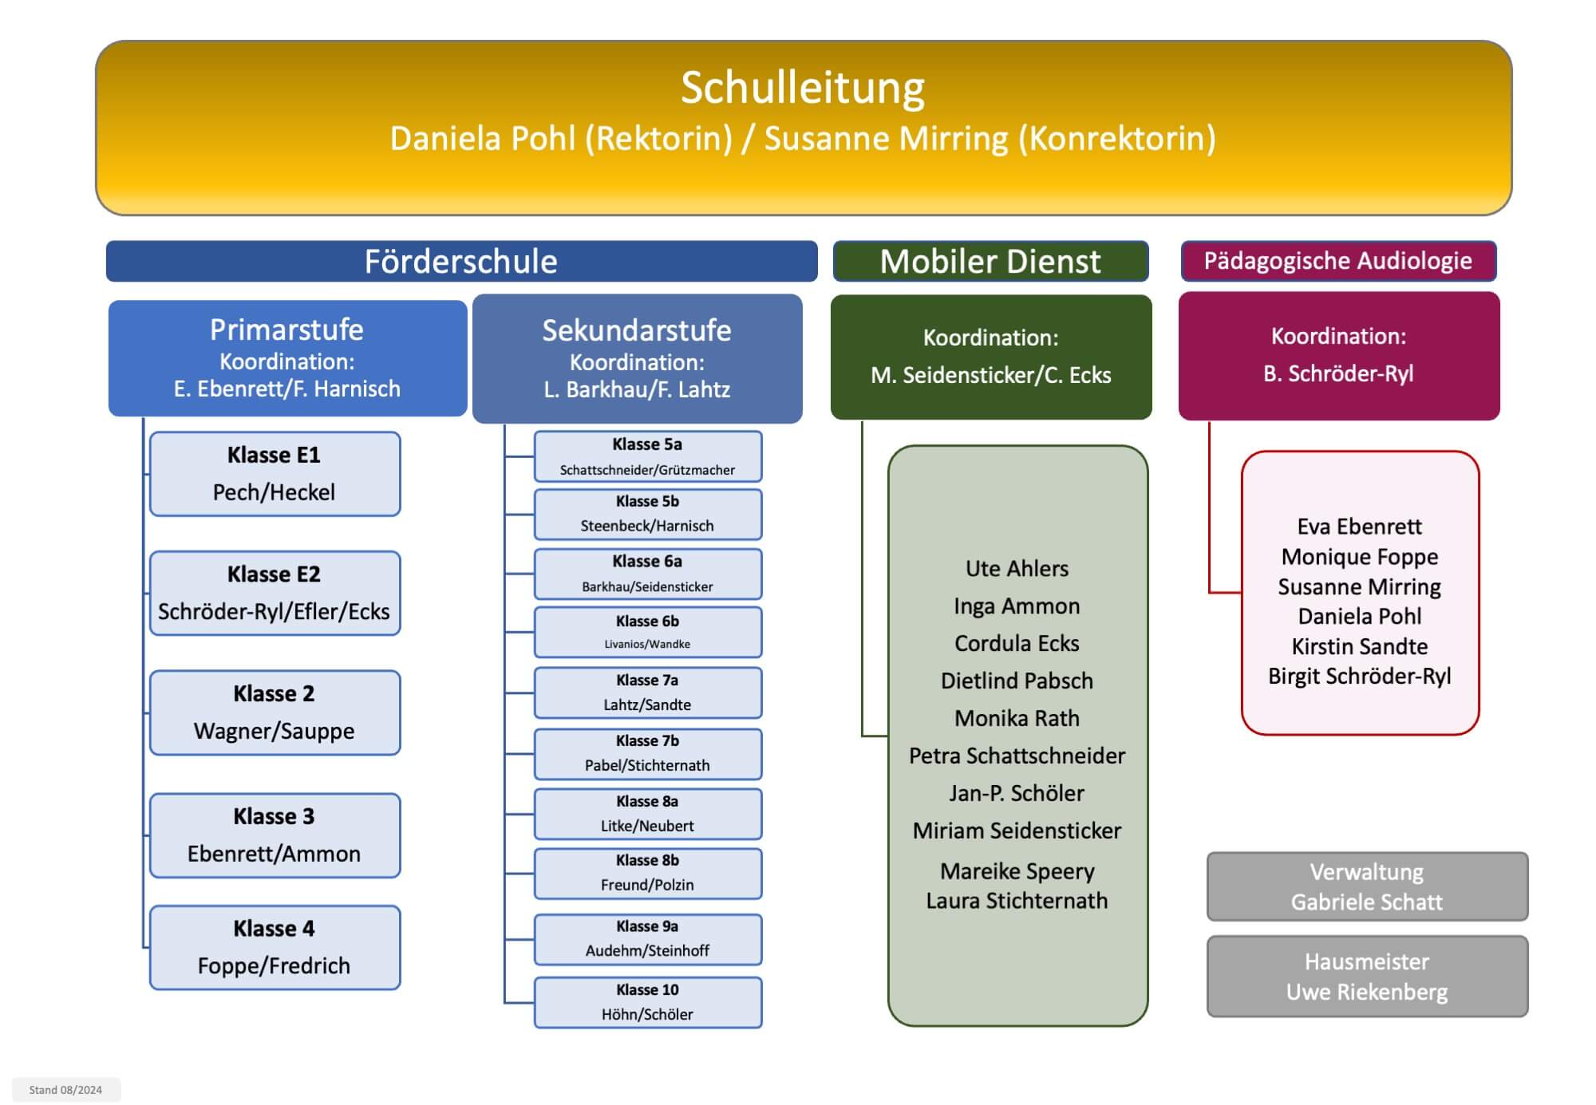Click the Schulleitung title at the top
(x=803, y=88)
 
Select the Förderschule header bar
(x=461, y=261)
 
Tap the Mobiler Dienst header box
(x=990, y=261)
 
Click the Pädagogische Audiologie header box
(x=1338, y=261)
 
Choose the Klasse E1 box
(x=275, y=474)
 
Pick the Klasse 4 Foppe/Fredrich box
(x=275, y=948)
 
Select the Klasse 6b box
(x=647, y=632)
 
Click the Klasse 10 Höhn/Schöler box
(x=647, y=1002)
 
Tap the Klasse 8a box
(x=647, y=814)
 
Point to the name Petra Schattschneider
(x=1017, y=756)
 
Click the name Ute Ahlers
(x=1017, y=568)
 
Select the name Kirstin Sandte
(x=1360, y=646)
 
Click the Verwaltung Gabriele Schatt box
(x=1367, y=886)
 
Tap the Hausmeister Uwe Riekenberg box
(x=1367, y=977)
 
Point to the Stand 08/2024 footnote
(x=65, y=1090)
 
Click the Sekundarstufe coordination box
(x=637, y=358)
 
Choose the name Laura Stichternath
(x=1017, y=901)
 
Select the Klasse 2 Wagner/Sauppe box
(x=275, y=712)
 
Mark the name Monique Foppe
(x=1360, y=557)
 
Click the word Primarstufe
(x=286, y=330)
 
